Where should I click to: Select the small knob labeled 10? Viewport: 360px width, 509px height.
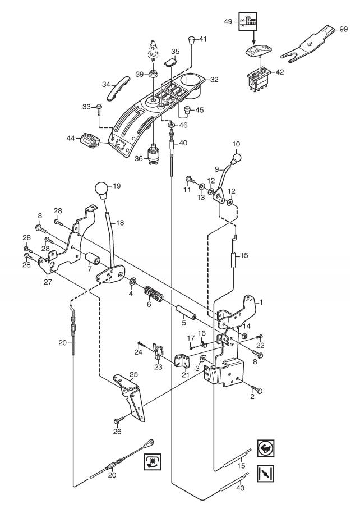point(237,159)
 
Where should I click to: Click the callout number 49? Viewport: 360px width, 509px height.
point(228,21)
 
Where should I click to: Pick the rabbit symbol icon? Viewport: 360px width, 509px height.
point(266,448)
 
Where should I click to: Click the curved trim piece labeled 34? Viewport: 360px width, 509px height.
point(118,88)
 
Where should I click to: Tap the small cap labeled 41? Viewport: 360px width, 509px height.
point(192,41)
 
